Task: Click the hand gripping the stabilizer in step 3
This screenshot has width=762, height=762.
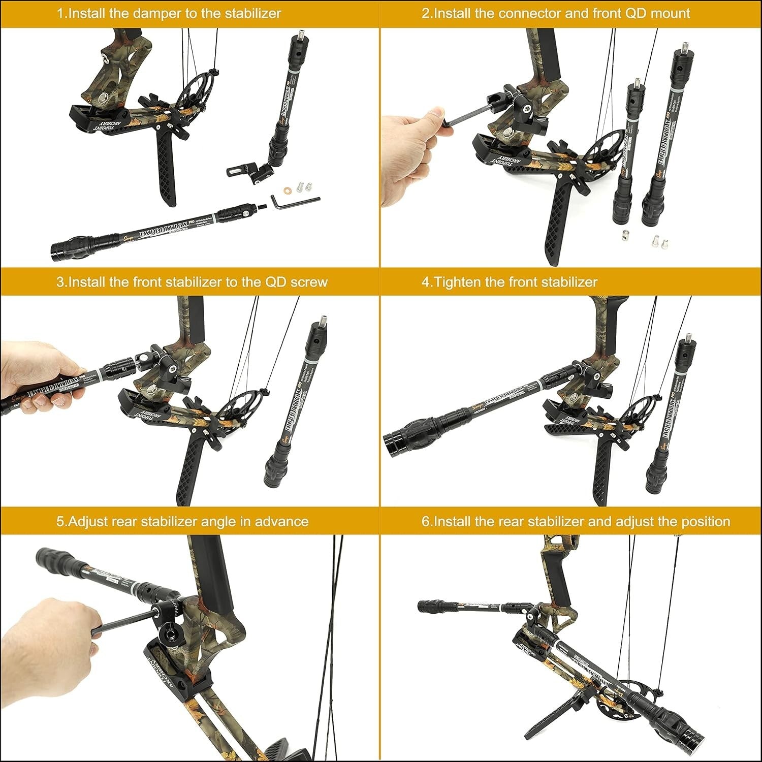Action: (x=43, y=378)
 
